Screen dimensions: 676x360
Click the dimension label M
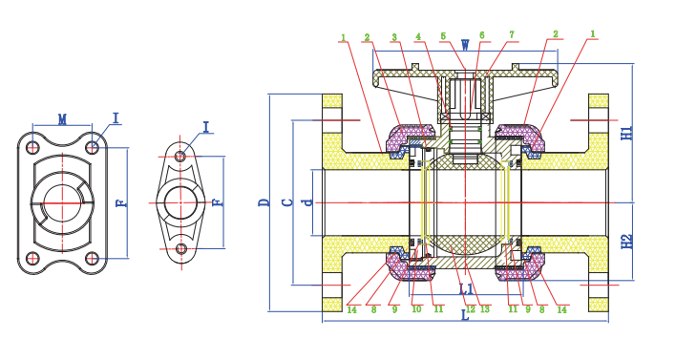62,119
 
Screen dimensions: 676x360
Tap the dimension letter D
264,201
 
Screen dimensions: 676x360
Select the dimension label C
287,201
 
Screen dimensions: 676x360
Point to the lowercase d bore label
308,201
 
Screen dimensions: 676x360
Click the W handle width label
465,45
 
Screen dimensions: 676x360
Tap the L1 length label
467,289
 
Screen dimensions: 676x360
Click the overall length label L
465,315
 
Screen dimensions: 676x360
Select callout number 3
394,37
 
